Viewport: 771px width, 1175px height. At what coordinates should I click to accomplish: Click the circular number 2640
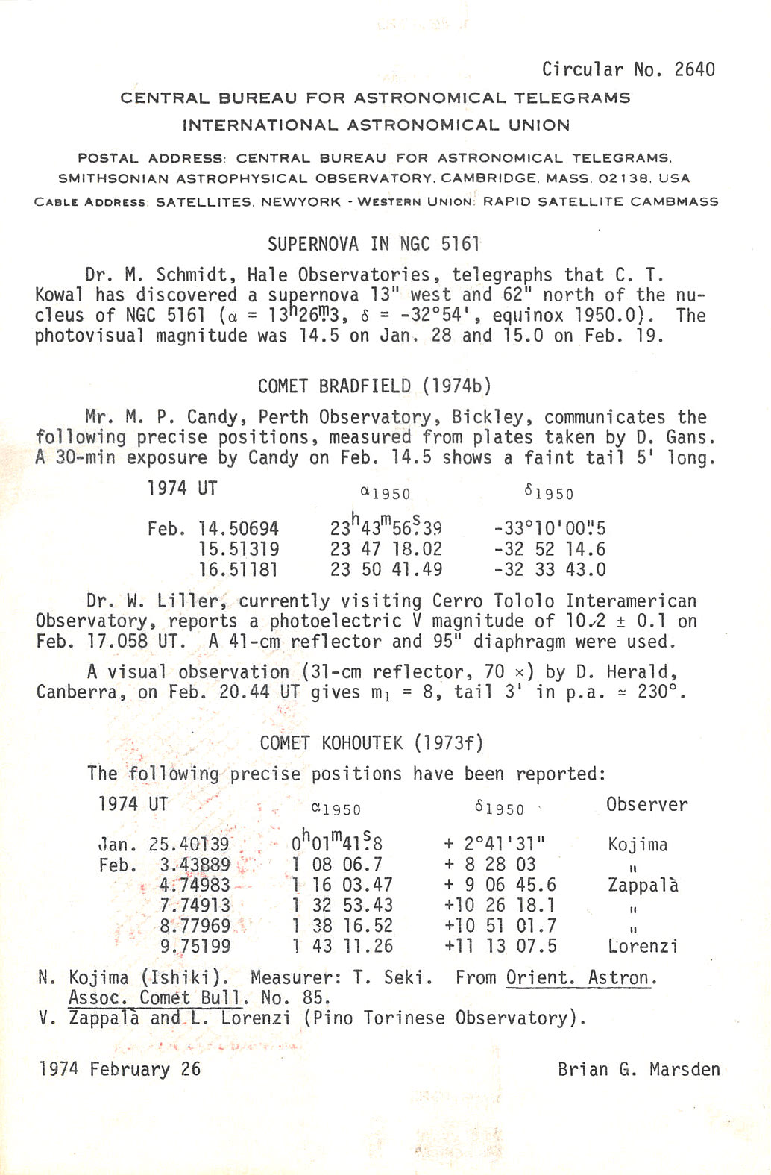pyautogui.click(x=694, y=69)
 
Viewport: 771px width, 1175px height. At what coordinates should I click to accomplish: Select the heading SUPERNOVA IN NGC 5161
pyautogui.click(x=373, y=244)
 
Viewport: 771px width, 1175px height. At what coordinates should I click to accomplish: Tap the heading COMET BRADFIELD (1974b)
pyautogui.click(x=374, y=386)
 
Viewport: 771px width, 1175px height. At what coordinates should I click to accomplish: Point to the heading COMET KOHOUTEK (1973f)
pyautogui.click(x=371, y=743)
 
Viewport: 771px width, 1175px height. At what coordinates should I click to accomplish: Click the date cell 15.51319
pyautogui.click(x=239, y=550)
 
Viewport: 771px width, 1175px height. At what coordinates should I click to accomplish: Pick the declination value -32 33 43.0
pyautogui.click(x=550, y=570)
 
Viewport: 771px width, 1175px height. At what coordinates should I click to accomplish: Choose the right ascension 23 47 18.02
pyautogui.click(x=386, y=550)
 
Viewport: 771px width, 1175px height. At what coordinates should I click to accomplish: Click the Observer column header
pyautogui.click(x=646, y=804)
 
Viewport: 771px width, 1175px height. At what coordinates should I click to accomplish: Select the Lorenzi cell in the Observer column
pyautogui.click(x=643, y=947)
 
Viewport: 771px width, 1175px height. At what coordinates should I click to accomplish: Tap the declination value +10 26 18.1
pyautogui.click(x=500, y=906)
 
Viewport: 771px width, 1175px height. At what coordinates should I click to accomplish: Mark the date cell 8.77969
pyautogui.click(x=195, y=926)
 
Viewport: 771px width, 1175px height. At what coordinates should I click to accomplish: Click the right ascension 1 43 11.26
pyautogui.click(x=342, y=947)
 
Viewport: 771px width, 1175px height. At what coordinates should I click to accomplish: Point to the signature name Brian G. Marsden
pyautogui.click(x=638, y=1069)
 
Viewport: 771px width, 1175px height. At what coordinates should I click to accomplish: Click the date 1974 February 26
pyautogui.click(x=120, y=1069)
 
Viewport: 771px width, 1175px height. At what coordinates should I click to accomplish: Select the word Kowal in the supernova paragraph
pyautogui.click(x=60, y=295)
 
